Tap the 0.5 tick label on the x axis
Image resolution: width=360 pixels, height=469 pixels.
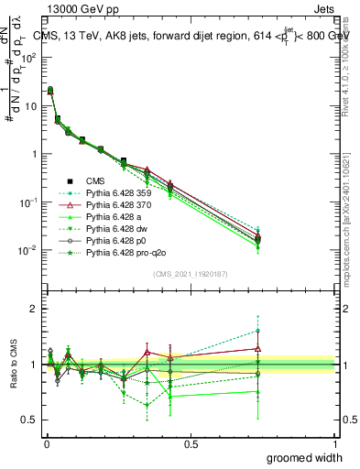coord(191,442)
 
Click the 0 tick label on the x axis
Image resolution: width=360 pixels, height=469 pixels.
coord(46,442)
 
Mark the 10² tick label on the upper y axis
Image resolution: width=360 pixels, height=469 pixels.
coord(27,57)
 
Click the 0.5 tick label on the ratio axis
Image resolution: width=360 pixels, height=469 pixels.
coord(30,420)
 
